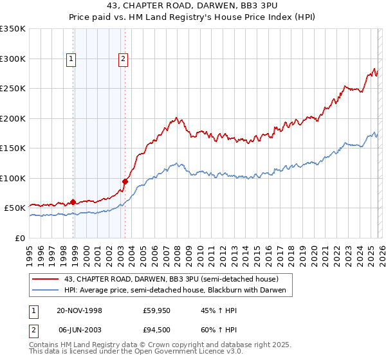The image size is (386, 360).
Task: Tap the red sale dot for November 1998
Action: (x=73, y=202)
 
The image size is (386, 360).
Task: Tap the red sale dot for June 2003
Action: (x=125, y=181)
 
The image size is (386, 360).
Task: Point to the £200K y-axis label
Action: (x=12, y=118)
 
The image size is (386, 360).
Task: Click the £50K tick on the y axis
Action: (x=15, y=208)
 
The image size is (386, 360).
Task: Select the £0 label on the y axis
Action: (x=21, y=238)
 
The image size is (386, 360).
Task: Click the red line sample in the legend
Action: (x=46, y=280)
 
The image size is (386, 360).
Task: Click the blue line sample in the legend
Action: (x=46, y=291)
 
